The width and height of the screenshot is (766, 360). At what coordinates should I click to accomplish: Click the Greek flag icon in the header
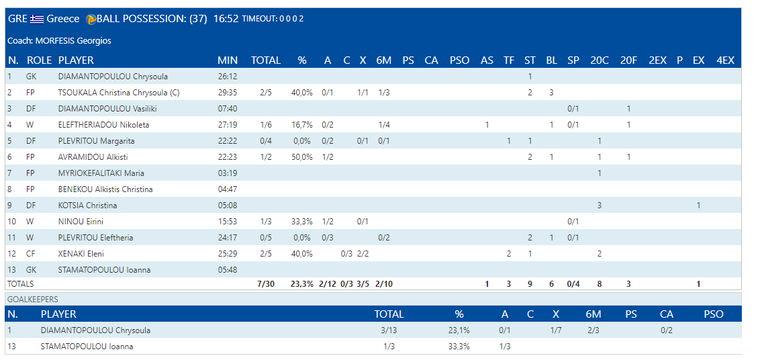pos(37,19)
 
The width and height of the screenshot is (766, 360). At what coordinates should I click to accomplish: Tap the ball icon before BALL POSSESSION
pos(91,19)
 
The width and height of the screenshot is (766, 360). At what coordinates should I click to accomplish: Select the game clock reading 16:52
pos(226,19)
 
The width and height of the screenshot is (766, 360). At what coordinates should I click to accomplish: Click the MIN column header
pos(228,60)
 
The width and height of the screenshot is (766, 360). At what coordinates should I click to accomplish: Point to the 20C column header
pos(599,60)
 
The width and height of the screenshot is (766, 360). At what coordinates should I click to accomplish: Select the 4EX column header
pos(725,60)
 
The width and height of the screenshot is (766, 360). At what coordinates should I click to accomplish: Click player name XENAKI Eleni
pos(81,254)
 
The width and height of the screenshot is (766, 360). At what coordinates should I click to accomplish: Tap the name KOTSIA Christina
pos(87,206)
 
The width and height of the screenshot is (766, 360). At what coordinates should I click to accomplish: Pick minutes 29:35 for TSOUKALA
pos(228,93)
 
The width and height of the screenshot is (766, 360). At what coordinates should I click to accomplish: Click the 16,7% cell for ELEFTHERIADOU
pos(301,125)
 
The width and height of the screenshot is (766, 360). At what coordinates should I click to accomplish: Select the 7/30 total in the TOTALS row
pos(266,284)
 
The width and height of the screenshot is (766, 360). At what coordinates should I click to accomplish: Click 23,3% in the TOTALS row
pos(301,284)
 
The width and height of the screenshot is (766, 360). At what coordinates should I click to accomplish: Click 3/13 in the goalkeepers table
pos(389,330)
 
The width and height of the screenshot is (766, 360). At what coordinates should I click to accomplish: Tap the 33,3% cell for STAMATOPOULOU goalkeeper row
pos(459,347)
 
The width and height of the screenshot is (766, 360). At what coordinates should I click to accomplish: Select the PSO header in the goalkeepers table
pos(714,314)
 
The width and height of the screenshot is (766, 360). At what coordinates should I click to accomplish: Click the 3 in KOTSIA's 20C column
pos(599,206)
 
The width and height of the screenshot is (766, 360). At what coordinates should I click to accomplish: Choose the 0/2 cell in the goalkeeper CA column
pos(666,330)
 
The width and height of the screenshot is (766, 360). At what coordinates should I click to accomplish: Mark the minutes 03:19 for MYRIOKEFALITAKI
pos(228,173)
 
